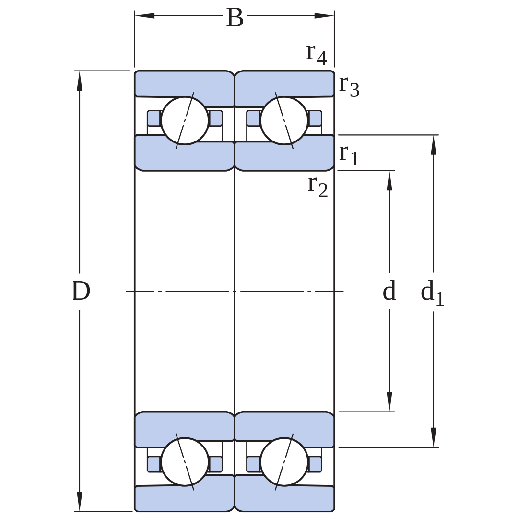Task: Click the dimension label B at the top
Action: click(235, 18)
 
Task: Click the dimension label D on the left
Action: click(81, 291)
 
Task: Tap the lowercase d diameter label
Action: click(389, 290)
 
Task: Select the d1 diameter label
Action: click(433, 293)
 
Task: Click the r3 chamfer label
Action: click(349, 86)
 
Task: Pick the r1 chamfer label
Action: click(349, 155)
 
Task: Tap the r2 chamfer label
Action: click(318, 187)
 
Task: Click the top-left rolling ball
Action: click(185, 120)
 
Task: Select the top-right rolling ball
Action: click(284, 120)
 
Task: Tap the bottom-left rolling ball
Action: click(185, 462)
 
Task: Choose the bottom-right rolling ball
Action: click(284, 462)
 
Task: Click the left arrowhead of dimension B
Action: click(145, 15)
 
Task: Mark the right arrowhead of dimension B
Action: click(324, 15)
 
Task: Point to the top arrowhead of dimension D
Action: click(79, 81)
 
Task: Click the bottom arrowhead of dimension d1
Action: click(434, 437)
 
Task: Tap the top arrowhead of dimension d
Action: click(389, 181)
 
